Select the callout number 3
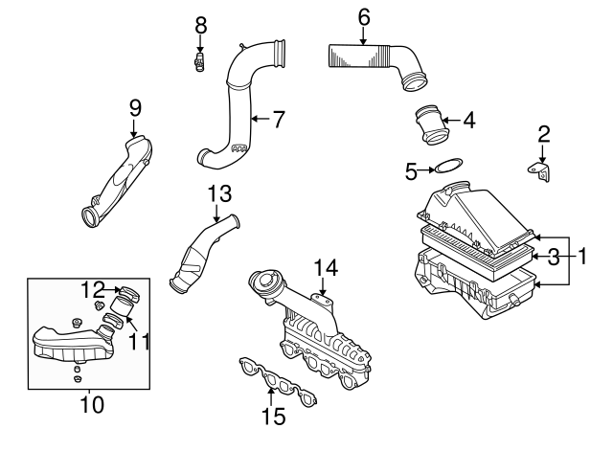554,256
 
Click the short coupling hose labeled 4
431,126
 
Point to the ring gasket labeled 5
447,170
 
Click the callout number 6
364,16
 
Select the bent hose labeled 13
201,252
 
